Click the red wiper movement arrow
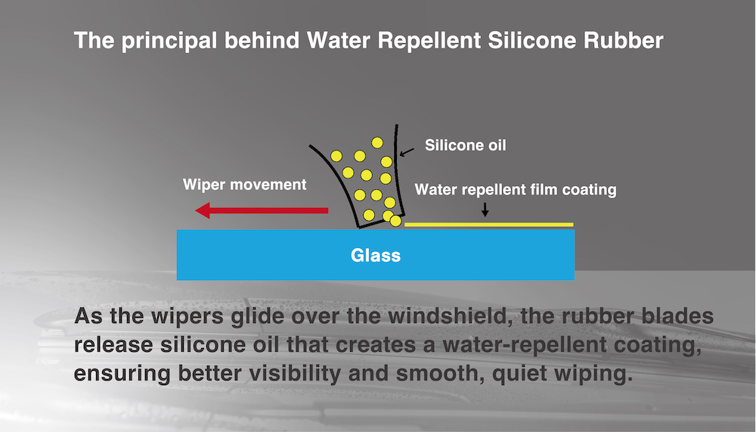(x=262, y=210)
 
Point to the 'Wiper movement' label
(x=245, y=185)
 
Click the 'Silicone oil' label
(x=465, y=145)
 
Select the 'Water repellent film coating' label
(x=516, y=190)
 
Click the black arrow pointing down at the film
(x=485, y=210)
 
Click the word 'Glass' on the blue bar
(x=376, y=255)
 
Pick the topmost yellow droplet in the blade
(x=376, y=142)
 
